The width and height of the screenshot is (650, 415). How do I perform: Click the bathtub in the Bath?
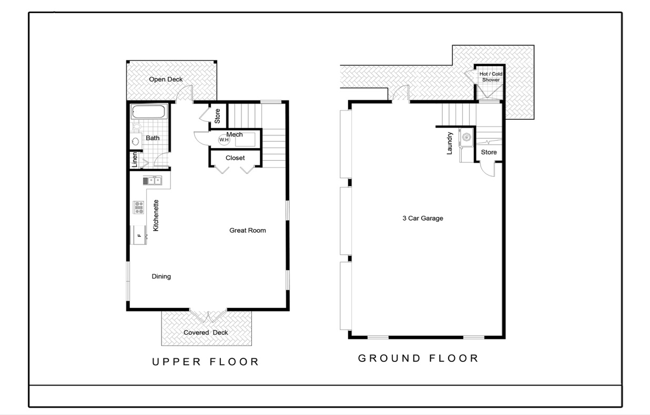click(x=149, y=112)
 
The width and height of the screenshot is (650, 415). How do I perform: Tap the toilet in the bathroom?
click(x=137, y=126)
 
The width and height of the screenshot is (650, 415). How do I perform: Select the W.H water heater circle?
click(x=224, y=140)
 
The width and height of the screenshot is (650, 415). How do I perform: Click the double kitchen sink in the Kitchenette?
click(x=152, y=181)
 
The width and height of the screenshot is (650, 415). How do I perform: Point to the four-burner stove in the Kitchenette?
click(x=139, y=207)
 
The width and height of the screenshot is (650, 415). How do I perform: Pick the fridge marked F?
click(x=139, y=234)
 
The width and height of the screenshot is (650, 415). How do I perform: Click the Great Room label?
click(x=247, y=230)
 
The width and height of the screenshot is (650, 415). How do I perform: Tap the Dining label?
click(x=161, y=276)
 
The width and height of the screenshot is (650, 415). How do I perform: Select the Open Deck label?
click(x=166, y=79)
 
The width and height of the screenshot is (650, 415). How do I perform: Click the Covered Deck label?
click(x=206, y=333)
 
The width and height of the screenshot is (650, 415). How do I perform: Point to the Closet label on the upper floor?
click(x=235, y=158)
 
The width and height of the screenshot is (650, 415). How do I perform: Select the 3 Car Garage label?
click(x=422, y=218)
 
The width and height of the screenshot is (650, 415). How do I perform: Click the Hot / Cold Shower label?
click(x=490, y=77)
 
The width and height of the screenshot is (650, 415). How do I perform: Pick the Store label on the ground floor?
click(x=489, y=152)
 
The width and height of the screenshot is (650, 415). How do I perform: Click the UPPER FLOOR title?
click(x=206, y=361)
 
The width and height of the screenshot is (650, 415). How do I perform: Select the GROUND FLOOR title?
click(x=418, y=358)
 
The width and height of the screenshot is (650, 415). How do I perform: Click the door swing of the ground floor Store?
click(x=487, y=170)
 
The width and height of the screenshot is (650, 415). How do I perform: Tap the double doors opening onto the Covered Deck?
click(x=208, y=315)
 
